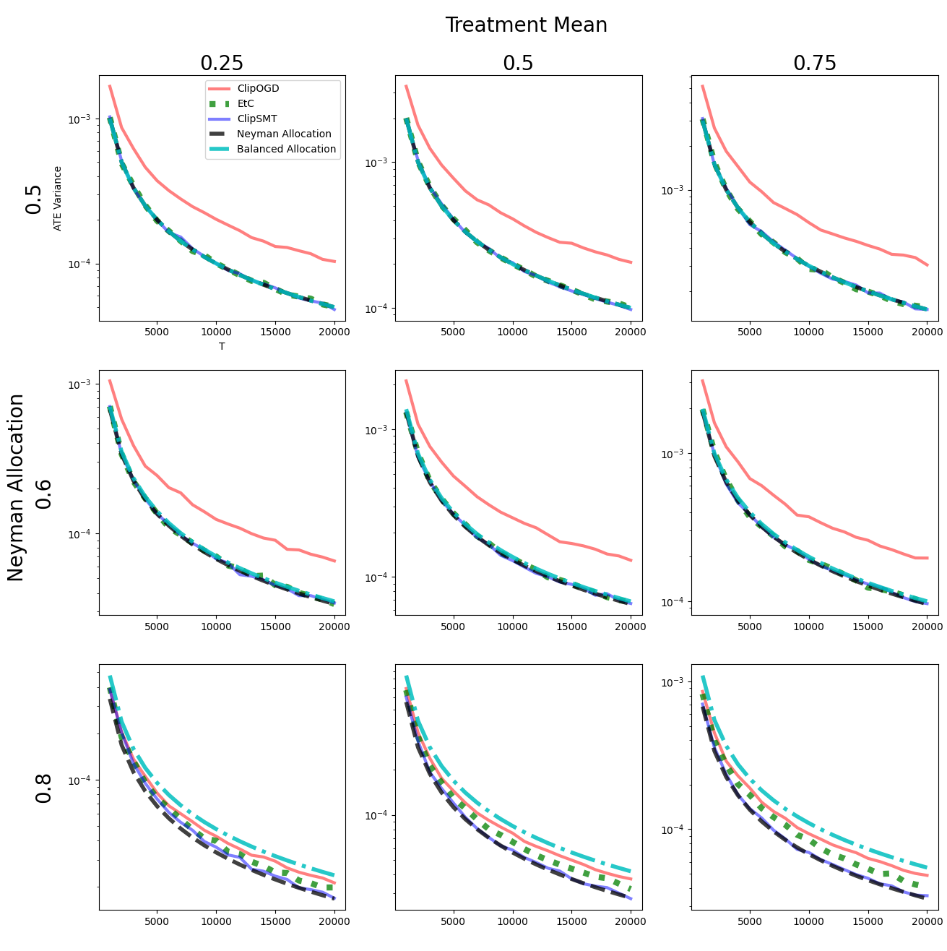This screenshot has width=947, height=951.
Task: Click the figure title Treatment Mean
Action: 526,25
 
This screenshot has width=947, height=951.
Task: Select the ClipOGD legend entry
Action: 258,88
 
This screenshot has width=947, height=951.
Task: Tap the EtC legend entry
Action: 246,103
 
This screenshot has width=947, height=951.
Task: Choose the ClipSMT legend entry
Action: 256,119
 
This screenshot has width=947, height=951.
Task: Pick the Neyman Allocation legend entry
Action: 284,134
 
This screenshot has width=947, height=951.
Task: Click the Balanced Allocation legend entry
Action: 286,149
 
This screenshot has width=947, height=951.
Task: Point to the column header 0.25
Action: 222,64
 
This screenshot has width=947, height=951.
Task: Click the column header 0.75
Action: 815,64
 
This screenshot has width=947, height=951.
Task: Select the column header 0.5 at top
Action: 518,64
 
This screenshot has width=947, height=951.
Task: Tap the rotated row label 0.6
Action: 44,494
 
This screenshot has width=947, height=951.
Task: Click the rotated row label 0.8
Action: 44,788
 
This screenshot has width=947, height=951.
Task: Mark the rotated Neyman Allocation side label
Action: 16,488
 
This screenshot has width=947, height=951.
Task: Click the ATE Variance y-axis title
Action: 58,198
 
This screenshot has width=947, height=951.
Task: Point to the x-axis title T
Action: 222,346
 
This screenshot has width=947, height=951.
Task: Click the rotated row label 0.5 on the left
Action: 34,199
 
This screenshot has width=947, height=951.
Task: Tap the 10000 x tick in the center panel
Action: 512,627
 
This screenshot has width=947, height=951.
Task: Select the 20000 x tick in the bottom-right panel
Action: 927,921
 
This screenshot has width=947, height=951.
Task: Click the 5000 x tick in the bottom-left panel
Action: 157,921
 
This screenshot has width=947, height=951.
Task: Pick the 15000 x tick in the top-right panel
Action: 868,332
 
